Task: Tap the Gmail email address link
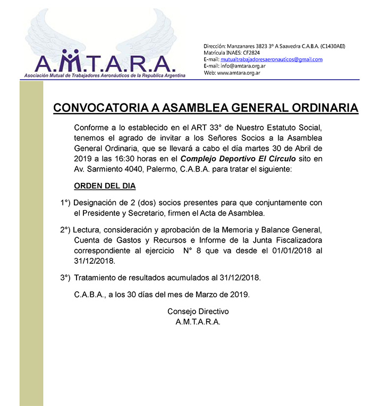272,59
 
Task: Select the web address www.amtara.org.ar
239,73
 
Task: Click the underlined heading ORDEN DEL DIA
105,186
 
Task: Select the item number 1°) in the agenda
65,203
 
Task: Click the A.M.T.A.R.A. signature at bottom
198,321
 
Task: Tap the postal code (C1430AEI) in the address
329,46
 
